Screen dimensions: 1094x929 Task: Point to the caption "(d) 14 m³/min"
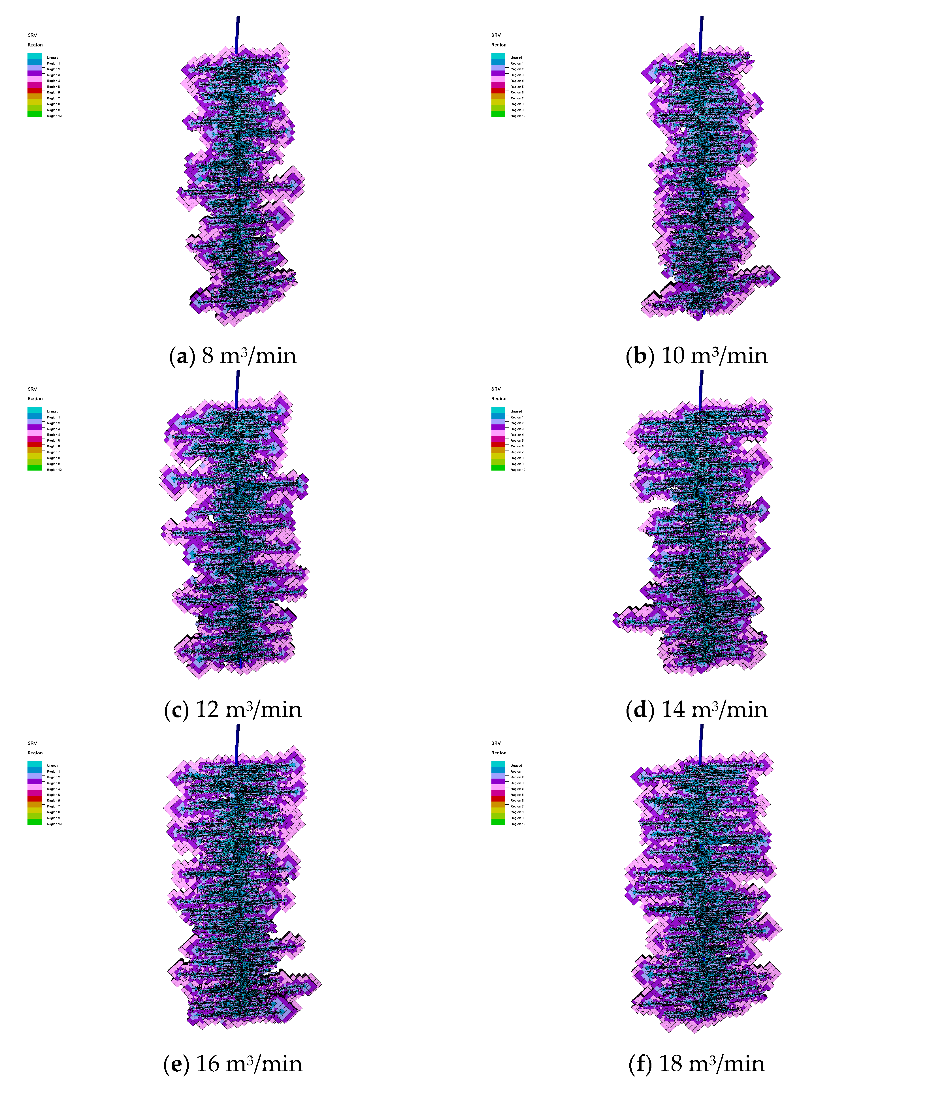(696, 710)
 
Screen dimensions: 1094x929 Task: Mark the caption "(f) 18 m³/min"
(696, 1064)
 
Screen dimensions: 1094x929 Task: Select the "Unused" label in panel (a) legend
(52, 57)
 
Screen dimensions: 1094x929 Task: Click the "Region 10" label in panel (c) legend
(54, 470)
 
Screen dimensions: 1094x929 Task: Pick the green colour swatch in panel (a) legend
(34, 114)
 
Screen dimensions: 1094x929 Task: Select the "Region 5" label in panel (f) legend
(517, 794)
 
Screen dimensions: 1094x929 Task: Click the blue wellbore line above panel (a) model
(238, 34)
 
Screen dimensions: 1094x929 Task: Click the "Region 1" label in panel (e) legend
(53, 771)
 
